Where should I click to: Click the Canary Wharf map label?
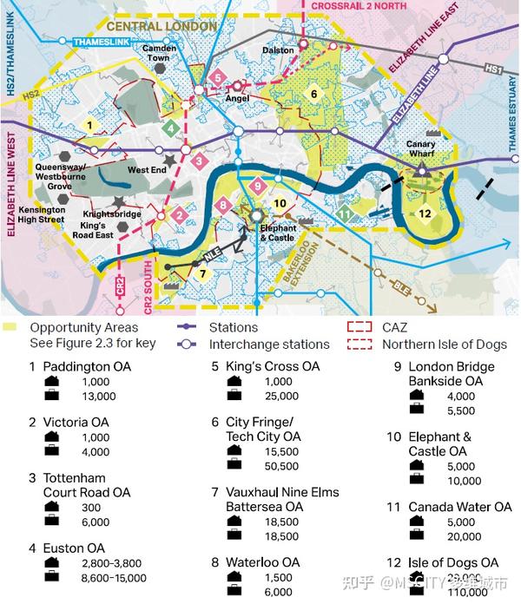click(x=421, y=150)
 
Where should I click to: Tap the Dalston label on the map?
click(x=279, y=50)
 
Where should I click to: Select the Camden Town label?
click(x=160, y=54)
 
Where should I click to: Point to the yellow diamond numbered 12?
click(x=425, y=213)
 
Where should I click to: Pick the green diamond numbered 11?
click(x=346, y=213)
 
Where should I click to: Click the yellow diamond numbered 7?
click(x=201, y=273)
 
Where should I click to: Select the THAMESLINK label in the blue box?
click(x=101, y=42)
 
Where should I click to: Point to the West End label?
click(x=147, y=170)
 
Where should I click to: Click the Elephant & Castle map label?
click(x=278, y=233)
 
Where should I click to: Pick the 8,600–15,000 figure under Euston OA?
click(x=96, y=578)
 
